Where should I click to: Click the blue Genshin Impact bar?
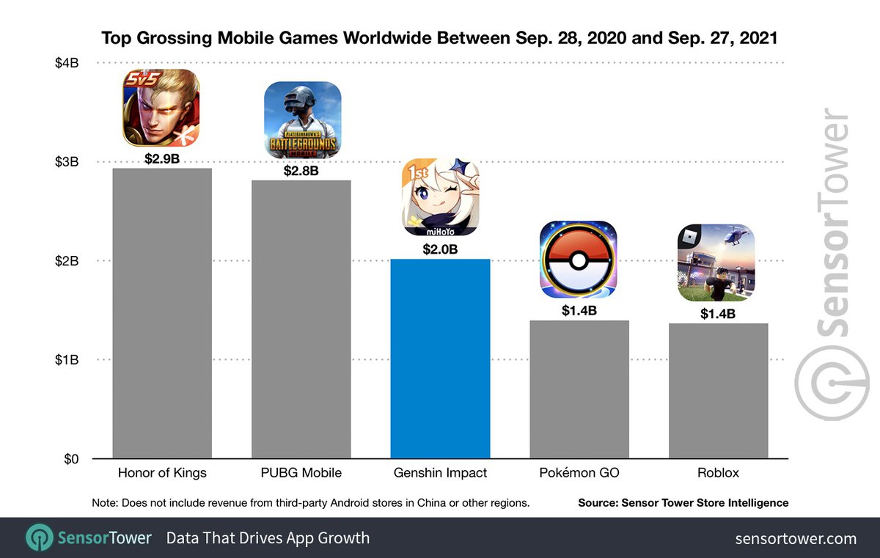click(x=440, y=359)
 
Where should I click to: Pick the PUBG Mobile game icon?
click(x=302, y=120)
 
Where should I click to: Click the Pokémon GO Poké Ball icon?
click(x=579, y=260)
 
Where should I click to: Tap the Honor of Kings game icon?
click(x=161, y=108)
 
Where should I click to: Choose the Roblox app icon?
click(x=716, y=263)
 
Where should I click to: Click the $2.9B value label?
click(x=162, y=158)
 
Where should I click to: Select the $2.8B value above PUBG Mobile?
click(x=301, y=171)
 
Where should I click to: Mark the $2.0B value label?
click(x=440, y=249)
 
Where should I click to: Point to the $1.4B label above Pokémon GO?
click(x=579, y=311)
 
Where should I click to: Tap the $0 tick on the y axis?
click(x=71, y=460)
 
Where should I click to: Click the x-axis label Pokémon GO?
click(x=579, y=473)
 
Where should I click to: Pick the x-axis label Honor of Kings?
click(x=162, y=473)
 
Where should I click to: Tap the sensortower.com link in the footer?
click(x=796, y=538)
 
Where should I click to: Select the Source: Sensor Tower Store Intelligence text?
click(x=683, y=503)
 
